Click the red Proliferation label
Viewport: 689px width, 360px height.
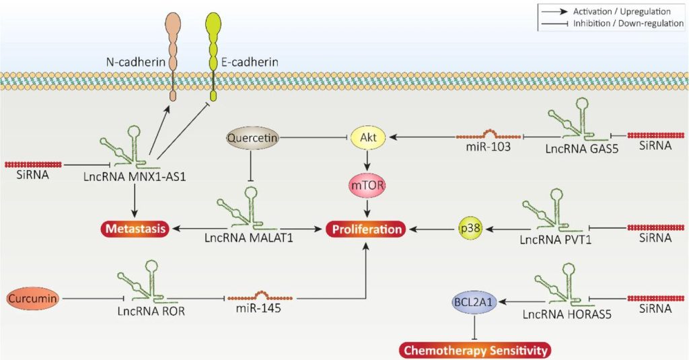coord(367,229)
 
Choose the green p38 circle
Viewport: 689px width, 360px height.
coord(471,229)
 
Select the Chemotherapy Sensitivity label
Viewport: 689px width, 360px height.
coord(475,349)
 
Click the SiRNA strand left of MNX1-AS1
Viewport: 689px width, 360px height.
coord(33,164)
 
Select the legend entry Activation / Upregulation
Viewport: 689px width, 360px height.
coord(609,11)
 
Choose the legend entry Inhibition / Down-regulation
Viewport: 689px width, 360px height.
coord(609,24)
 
